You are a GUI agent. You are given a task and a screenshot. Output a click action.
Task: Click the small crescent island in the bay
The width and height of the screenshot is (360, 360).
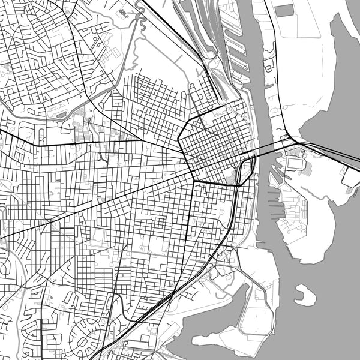[305, 295]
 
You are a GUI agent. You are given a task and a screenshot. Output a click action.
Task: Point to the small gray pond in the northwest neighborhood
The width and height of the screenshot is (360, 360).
[62, 113]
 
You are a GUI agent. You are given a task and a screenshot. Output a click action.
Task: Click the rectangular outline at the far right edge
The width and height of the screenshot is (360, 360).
[351, 176]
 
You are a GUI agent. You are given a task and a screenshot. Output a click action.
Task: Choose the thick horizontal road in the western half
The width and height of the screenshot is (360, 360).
[90, 144]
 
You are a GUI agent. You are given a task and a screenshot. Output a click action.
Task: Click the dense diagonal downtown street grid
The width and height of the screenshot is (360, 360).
[213, 144]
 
